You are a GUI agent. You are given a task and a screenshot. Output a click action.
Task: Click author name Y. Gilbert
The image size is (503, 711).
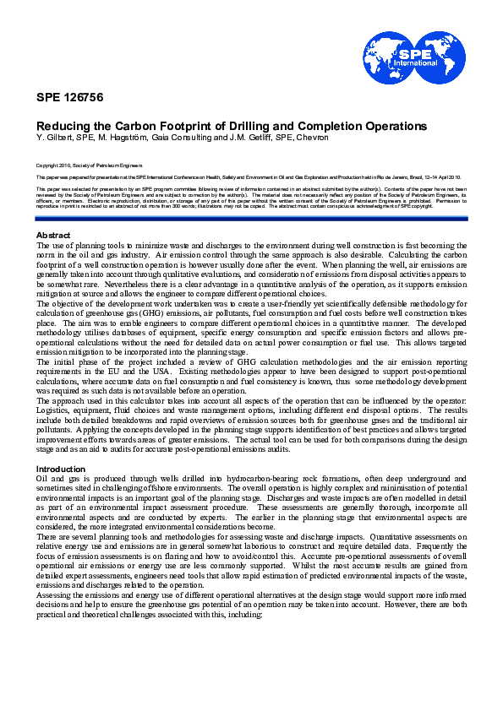pos(52,136)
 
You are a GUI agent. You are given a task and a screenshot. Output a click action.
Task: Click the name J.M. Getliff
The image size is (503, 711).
pos(239,136)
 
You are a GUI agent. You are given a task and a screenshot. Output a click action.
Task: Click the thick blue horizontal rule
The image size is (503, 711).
pos(251,219)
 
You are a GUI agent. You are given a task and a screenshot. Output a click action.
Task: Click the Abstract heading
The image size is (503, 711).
pos(53,234)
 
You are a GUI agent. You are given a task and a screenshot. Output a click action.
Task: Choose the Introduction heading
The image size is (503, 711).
pos(60,469)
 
